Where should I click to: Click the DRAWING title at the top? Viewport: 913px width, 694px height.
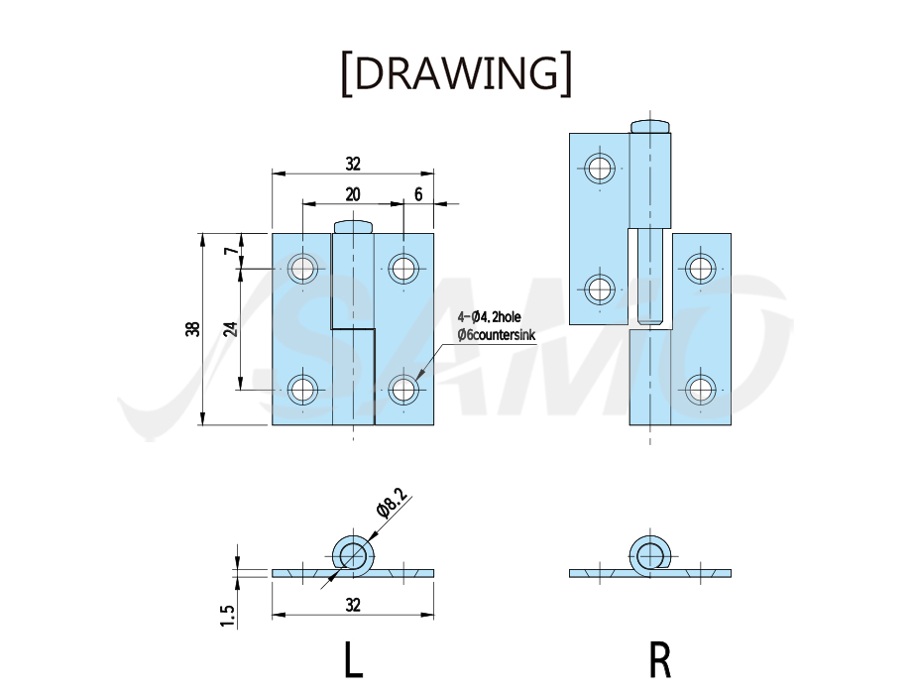pyautogui.click(x=456, y=74)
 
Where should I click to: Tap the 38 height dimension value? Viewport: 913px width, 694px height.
pyautogui.click(x=193, y=329)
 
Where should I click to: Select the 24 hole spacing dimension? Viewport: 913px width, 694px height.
pyautogui.click(x=231, y=329)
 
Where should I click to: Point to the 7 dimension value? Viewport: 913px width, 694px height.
pyautogui.click(x=232, y=251)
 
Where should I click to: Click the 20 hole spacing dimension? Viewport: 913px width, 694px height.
pyautogui.click(x=353, y=194)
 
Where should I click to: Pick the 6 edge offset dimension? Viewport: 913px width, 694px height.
pyautogui.click(x=418, y=194)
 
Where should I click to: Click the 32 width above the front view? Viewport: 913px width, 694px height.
pyautogui.click(x=353, y=165)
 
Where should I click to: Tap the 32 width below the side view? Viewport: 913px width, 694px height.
pyautogui.click(x=353, y=606)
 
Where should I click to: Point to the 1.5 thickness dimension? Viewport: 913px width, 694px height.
pyautogui.click(x=228, y=616)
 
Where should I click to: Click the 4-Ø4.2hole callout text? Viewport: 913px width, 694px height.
pyautogui.click(x=489, y=317)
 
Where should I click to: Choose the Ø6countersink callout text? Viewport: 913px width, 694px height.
pyautogui.click(x=496, y=335)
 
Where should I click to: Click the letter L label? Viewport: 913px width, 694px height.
pyautogui.click(x=354, y=659)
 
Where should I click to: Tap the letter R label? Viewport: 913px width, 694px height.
pyautogui.click(x=659, y=659)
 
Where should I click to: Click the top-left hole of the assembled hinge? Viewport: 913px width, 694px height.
pyautogui.click(x=302, y=269)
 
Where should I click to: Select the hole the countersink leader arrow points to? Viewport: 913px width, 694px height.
pyautogui.click(x=403, y=390)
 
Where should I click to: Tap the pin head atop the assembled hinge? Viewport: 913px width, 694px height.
pyautogui.click(x=353, y=226)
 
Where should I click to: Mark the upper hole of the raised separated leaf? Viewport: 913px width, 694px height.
pyautogui.click(x=601, y=169)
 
